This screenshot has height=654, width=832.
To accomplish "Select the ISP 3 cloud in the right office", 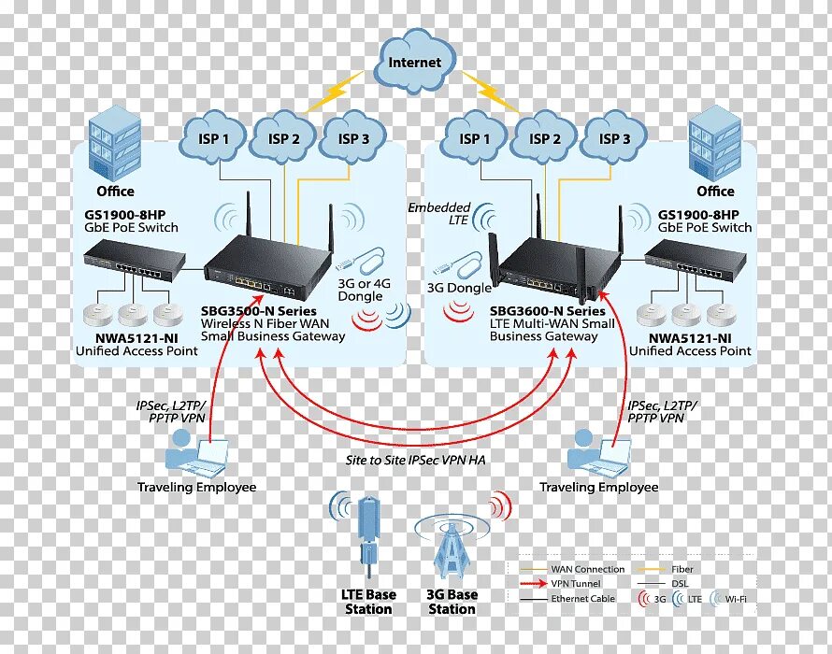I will coord(614,138).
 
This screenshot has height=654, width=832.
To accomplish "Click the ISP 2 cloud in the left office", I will coord(283,138).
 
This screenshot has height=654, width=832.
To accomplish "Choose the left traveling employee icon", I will coord(194,453).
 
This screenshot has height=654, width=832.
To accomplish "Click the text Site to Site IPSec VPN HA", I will coord(416,460).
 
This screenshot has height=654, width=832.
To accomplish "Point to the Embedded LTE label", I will coord(439,213).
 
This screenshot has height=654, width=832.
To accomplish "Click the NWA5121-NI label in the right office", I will coord(690,336).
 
